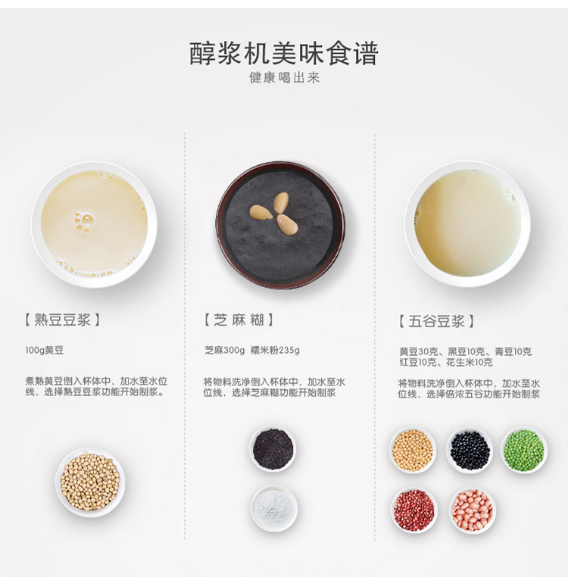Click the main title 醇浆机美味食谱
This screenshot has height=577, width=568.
284,54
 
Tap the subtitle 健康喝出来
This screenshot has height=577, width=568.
284,78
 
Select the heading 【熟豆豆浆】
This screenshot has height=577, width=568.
62,320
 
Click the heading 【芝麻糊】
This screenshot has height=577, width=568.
239,320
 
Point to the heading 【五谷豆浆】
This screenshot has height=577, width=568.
436,321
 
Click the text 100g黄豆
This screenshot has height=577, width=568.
44,350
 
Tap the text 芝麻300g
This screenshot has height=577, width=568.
224,350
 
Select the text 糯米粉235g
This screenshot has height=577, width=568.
275,350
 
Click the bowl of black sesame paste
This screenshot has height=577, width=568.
280,224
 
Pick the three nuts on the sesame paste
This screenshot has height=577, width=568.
275,213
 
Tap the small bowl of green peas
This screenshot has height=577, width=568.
524,450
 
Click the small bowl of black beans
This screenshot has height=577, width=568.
470,450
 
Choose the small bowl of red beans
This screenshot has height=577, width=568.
414,510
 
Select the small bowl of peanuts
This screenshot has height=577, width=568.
472,510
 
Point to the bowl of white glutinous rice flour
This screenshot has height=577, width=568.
274,509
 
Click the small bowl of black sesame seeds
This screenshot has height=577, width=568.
273,449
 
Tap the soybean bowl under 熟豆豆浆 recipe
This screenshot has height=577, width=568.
90,482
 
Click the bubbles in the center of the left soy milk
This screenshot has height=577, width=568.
83,221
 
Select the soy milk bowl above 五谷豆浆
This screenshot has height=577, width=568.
467,223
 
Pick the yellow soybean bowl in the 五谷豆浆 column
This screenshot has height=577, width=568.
413,450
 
